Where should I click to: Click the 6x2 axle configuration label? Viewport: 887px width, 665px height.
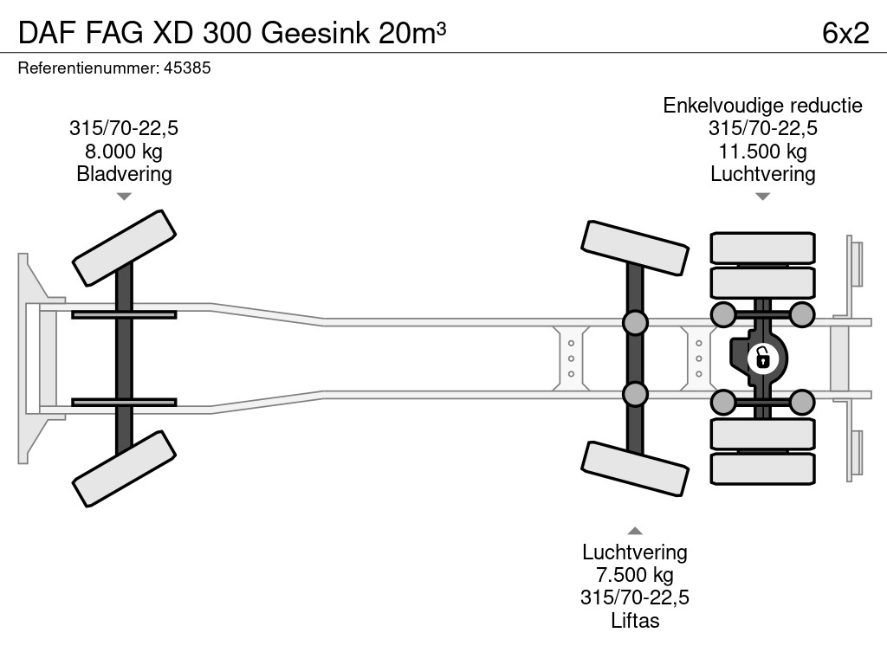click(845, 33)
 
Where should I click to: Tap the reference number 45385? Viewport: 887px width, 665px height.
click(187, 68)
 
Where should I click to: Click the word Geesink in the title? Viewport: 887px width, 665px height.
click(315, 33)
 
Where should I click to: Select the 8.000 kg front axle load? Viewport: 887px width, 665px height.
click(124, 151)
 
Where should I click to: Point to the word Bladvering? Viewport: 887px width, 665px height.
click(124, 173)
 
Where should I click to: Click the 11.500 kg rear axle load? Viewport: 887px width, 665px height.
click(762, 151)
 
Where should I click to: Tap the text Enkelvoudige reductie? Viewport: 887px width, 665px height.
click(762, 105)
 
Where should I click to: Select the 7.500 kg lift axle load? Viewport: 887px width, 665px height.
click(635, 575)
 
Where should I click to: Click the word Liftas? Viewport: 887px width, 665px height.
click(635, 620)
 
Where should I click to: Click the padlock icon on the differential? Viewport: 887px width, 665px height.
click(762, 358)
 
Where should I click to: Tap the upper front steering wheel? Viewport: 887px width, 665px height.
click(125, 249)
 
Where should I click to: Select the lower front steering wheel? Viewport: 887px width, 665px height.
click(125, 468)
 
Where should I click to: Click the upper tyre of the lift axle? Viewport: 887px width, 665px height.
click(635, 249)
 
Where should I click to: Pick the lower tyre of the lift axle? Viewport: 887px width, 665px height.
click(635, 468)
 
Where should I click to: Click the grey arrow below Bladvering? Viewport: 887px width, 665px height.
click(124, 197)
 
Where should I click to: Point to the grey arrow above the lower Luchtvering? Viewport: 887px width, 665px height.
click(635, 531)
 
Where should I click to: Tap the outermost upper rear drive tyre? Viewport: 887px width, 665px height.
click(762, 247)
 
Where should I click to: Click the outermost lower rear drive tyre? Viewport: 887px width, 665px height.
click(762, 468)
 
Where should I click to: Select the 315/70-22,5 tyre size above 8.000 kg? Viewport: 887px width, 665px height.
click(124, 128)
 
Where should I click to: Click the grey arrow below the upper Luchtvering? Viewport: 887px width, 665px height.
click(762, 197)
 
